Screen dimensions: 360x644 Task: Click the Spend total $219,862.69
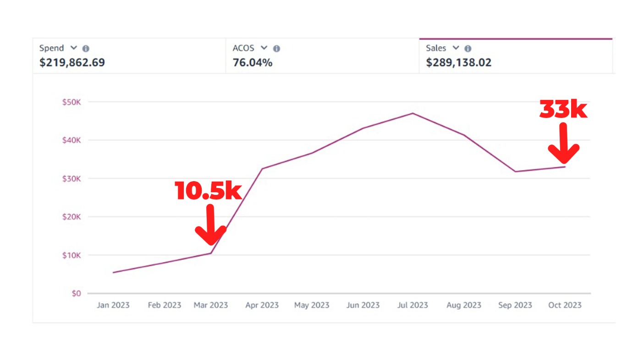(72, 62)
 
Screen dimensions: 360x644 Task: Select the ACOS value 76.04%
(253, 62)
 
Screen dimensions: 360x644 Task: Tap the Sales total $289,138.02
(458, 62)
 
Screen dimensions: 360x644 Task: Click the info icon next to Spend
(86, 49)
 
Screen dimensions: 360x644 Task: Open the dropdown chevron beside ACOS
(264, 48)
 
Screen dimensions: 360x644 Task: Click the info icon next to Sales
(468, 49)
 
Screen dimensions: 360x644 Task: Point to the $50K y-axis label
(72, 102)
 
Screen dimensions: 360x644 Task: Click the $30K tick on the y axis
(72, 178)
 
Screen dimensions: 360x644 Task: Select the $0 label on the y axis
(76, 294)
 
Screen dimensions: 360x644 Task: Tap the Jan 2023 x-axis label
(113, 305)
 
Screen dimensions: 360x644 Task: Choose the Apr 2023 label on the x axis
(261, 305)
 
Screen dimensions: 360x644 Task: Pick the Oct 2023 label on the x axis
(565, 305)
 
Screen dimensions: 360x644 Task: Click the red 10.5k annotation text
(208, 191)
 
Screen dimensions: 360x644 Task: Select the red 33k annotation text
(563, 110)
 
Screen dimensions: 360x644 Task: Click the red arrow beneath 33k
(564, 144)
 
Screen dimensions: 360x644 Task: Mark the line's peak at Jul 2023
(413, 113)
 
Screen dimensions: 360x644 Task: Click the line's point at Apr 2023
(262, 169)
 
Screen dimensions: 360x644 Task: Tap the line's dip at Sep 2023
(515, 172)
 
